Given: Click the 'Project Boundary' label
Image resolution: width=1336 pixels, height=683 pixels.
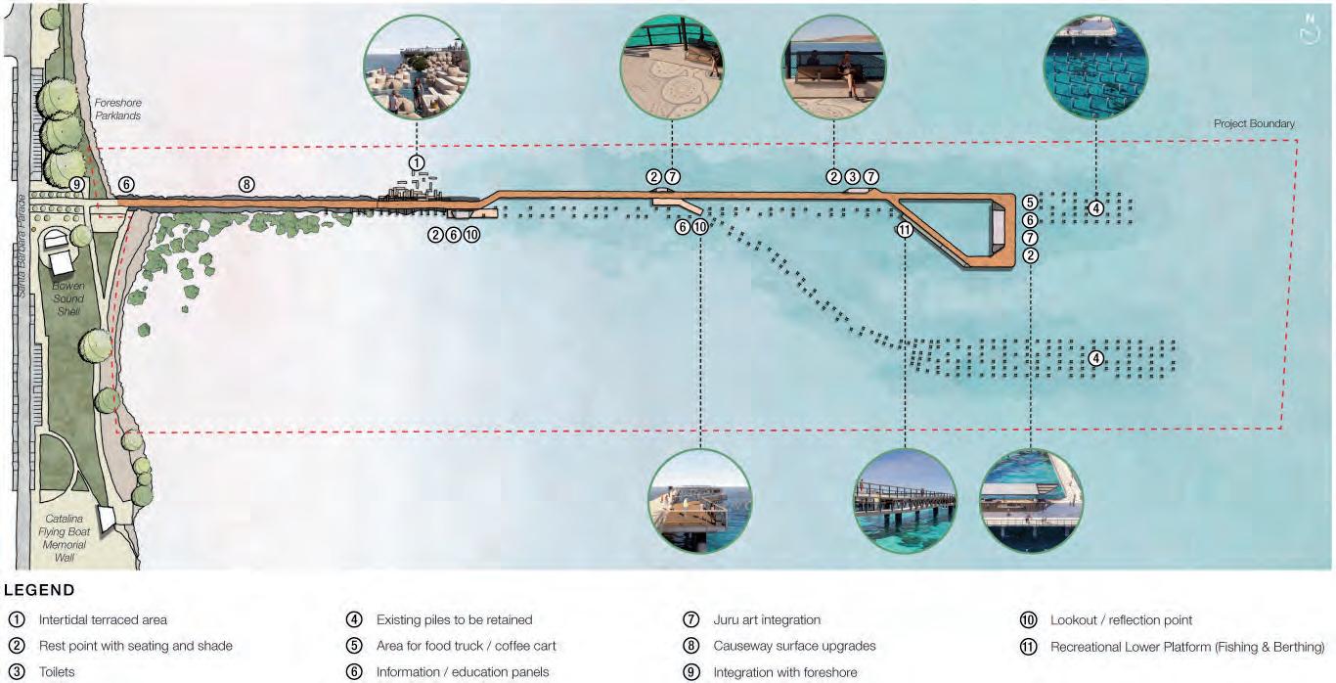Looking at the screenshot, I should (x=1254, y=124).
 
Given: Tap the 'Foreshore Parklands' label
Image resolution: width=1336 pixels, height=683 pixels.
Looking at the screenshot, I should (x=117, y=109).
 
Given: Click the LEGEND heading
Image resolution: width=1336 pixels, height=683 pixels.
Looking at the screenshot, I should (x=39, y=591).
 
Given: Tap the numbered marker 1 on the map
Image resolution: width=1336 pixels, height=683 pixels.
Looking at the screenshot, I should (x=417, y=161).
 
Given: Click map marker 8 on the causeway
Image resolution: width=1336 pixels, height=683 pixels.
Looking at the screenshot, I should (x=247, y=184).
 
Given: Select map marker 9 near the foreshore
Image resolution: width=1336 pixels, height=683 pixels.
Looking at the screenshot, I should (x=77, y=184).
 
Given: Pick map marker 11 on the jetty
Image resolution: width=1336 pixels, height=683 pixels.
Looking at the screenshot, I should (x=905, y=230).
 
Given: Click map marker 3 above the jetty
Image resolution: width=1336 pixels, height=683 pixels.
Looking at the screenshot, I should (x=852, y=177).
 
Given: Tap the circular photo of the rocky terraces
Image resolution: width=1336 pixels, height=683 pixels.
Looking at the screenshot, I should (x=416, y=68).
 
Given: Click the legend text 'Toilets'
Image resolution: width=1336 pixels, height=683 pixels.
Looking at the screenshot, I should (x=57, y=673).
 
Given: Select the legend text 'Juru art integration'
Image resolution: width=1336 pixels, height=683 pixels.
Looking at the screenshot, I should (x=767, y=620).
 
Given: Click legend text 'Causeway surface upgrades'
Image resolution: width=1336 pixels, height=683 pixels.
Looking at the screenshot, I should (x=794, y=647).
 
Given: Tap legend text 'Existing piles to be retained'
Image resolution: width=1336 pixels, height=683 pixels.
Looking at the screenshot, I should (x=454, y=620).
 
